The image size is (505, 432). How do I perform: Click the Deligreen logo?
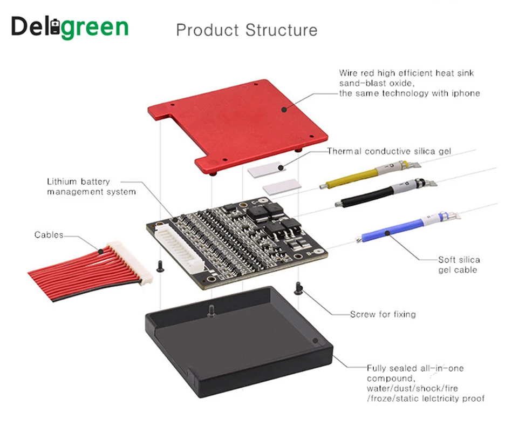[x=70, y=28]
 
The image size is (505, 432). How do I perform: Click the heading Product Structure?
[x=247, y=30]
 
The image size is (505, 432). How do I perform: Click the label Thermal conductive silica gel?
[x=389, y=151]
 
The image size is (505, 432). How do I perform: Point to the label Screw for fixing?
[x=383, y=314]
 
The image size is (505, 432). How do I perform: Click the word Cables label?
[x=49, y=235]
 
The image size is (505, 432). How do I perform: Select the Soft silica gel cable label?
[x=459, y=265]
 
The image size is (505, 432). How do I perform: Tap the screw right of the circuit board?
[x=297, y=288]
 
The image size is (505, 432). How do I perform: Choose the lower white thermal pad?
[x=281, y=187]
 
